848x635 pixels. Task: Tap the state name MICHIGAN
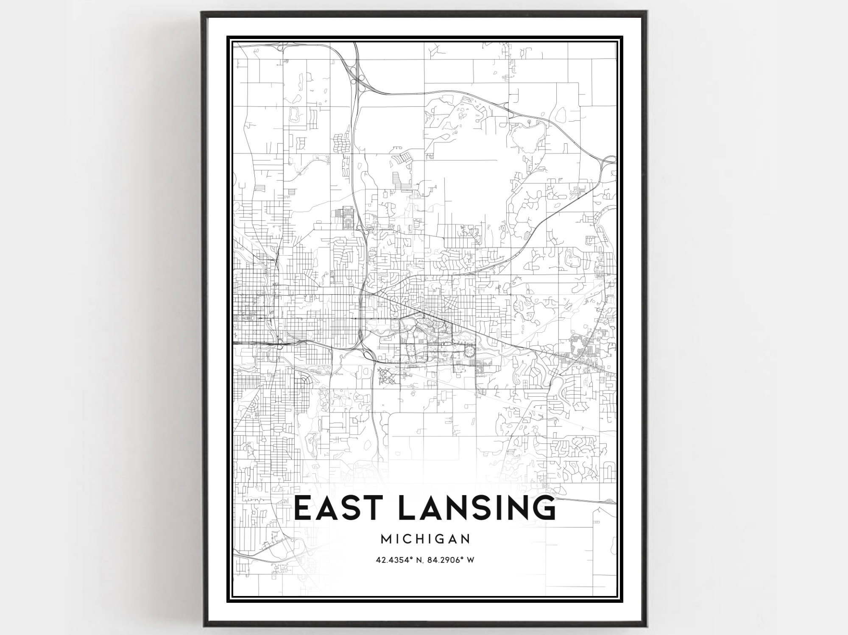point(425,539)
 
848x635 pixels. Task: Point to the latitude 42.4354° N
point(400,560)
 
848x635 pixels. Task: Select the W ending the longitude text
point(470,560)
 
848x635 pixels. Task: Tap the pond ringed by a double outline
point(293,114)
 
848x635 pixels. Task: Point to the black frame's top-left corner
point(203,13)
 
